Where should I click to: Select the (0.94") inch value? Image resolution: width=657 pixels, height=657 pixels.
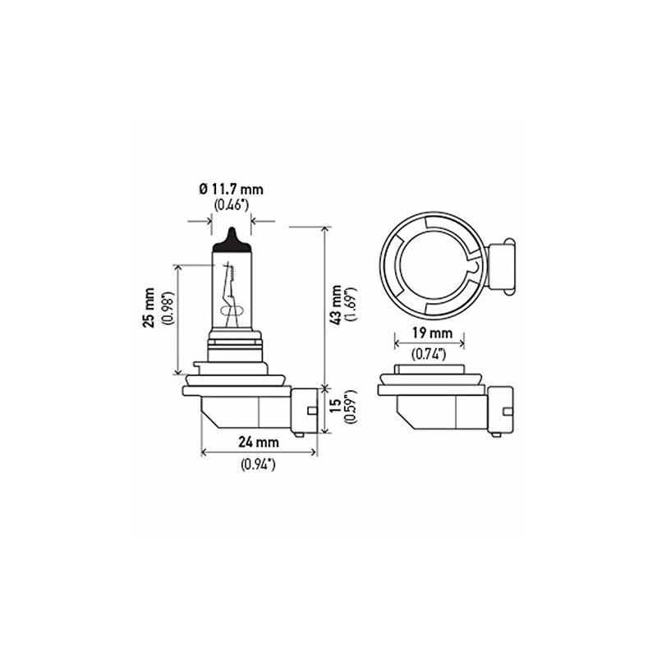[259, 465]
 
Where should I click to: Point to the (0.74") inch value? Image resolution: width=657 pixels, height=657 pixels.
[429, 354]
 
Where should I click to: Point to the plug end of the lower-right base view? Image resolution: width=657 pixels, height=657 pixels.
[503, 408]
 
